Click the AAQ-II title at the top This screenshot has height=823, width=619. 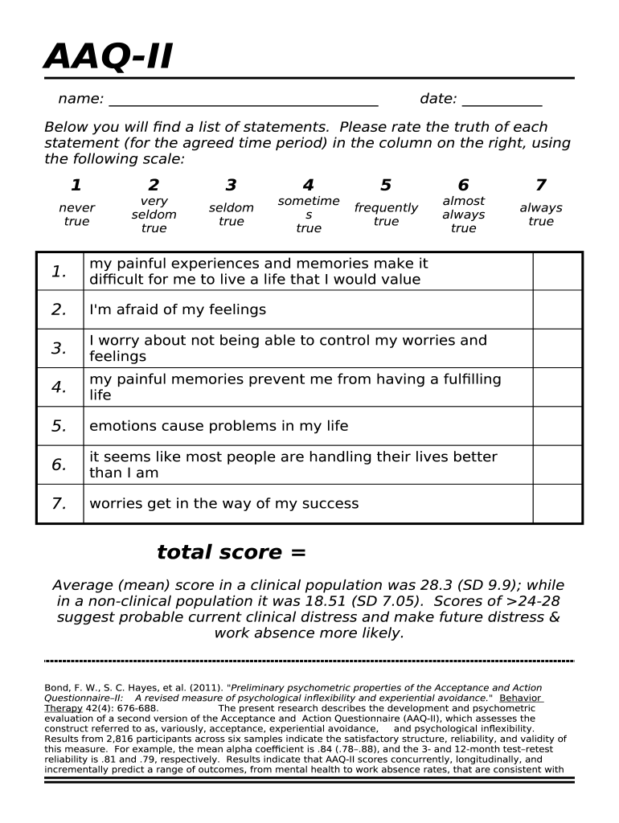(x=108, y=57)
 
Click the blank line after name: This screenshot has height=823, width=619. (x=243, y=101)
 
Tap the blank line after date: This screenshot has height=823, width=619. (x=502, y=101)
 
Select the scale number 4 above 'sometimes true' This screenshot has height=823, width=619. (x=308, y=186)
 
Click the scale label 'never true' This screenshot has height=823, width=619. (x=76, y=215)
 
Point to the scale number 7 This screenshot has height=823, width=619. (x=540, y=186)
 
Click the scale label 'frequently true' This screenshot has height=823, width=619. (x=386, y=215)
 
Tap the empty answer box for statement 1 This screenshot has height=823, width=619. (x=556, y=272)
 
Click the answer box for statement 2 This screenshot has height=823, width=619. (x=556, y=309)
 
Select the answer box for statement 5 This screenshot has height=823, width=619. (x=556, y=426)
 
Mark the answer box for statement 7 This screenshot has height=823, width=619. (x=556, y=504)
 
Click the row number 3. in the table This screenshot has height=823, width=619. (x=59, y=349)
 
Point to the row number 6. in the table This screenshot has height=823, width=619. (x=59, y=465)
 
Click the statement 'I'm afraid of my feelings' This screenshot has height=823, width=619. (x=178, y=310)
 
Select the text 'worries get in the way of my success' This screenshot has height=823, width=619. (x=223, y=504)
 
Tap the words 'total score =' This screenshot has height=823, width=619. (x=232, y=552)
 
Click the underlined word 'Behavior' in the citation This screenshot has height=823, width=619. (x=521, y=698)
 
